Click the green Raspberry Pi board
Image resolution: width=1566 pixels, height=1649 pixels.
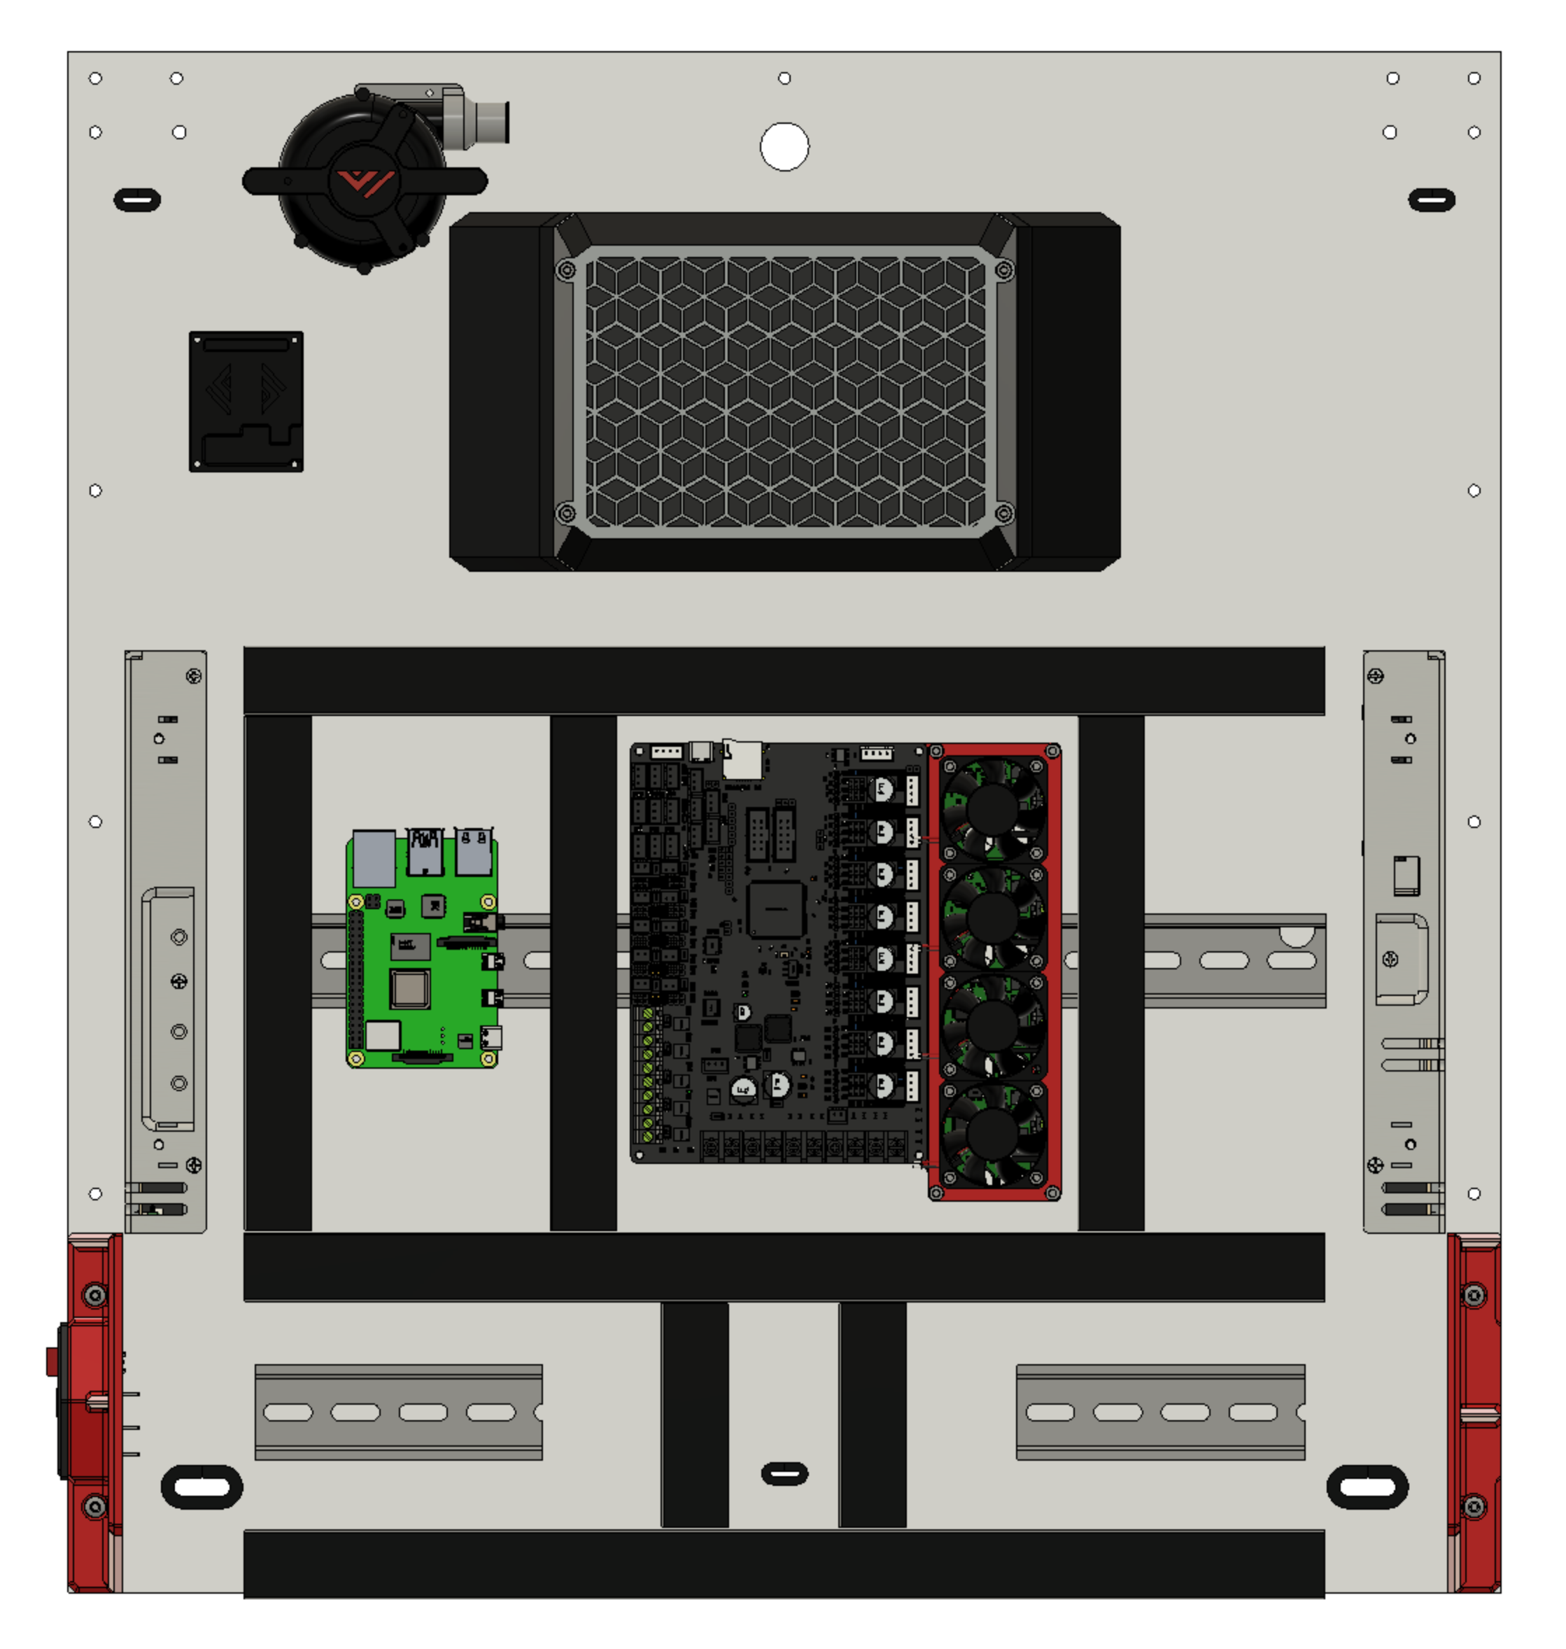tap(421, 952)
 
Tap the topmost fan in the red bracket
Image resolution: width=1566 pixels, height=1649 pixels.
tap(992, 808)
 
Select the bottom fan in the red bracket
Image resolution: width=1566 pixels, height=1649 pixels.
tap(992, 1133)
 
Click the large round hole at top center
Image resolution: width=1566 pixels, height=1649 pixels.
tap(784, 147)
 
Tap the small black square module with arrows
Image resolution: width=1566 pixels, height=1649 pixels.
tap(246, 402)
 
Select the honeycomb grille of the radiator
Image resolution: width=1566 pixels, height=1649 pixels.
tap(784, 391)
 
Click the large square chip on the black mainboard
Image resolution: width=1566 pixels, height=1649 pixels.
tap(775, 908)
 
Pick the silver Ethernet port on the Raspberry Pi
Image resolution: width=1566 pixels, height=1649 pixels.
tap(373, 858)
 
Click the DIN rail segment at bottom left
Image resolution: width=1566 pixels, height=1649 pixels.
tap(398, 1412)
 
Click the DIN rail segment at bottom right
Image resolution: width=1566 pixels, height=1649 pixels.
tap(1159, 1412)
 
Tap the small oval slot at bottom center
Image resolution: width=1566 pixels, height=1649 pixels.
tap(784, 1473)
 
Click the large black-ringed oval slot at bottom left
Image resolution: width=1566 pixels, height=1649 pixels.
tap(202, 1486)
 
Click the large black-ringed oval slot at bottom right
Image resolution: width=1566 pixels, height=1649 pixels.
tap(1367, 1486)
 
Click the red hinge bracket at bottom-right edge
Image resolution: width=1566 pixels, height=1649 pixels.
tap(1474, 1411)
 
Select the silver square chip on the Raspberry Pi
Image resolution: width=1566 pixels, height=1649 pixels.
tap(410, 990)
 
